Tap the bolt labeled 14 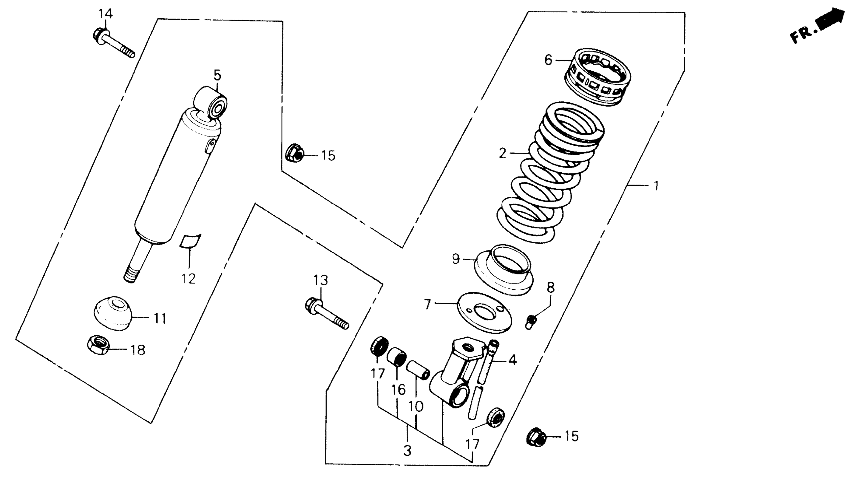(113, 43)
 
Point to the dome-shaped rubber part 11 (112, 313)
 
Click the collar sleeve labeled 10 (418, 370)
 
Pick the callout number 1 (656, 186)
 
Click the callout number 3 (407, 451)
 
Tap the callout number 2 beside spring (502, 153)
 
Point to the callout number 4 (512, 360)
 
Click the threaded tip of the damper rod (131, 276)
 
